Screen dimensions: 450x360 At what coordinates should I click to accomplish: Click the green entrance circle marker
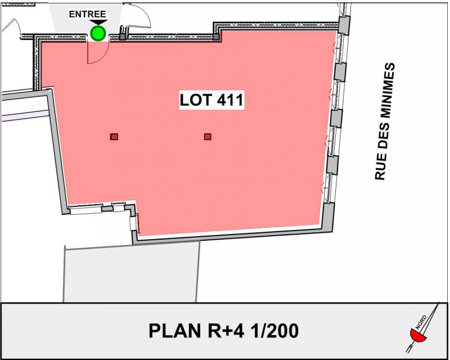pyautogui.click(x=98, y=33)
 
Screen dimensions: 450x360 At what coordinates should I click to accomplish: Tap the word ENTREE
pyautogui.click(x=88, y=14)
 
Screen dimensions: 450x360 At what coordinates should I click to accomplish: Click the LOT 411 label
pyautogui.click(x=211, y=100)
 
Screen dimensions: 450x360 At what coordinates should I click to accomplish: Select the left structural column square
pyautogui.click(x=114, y=137)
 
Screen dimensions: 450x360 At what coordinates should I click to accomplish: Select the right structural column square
pyautogui.click(x=208, y=137)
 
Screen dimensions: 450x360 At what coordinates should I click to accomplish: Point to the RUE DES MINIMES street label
pyautogui.click(x=385, y=121)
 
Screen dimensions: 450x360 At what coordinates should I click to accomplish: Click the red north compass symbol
pyautogui.click(x=418, y=336)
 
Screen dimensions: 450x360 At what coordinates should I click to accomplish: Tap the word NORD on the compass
pyautogui.click(x=421, y=322)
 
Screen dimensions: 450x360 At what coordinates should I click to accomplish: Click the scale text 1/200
pyautogui.click(x=274, y=331)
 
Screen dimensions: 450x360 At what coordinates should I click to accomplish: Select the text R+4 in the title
pyautogui.click(x=226, y=331)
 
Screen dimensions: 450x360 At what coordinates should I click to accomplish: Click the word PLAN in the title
pyautogui.click(x=175, y=331)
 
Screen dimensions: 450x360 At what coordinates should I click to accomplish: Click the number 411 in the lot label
pyautogui.click(x=230, y=100)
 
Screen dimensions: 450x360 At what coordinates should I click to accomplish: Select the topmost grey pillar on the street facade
pyautogui.click(x=344, y=25)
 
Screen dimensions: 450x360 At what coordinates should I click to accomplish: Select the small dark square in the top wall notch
pyautogui.click(x=216, y=37)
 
